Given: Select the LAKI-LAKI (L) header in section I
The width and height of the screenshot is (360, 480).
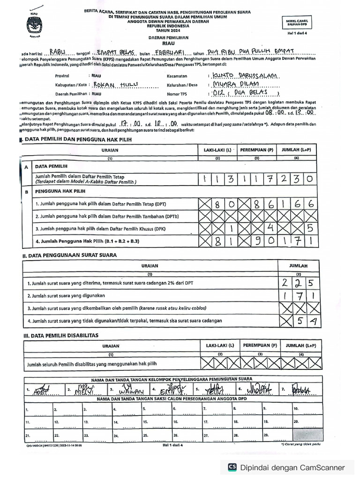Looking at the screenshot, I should pyautogui.click(x=217, y=150).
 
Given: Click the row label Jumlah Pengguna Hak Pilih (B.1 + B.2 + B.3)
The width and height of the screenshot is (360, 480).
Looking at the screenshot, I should pyautogui.click(x=89, y=241).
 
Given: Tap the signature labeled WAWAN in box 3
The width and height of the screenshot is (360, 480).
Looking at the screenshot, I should pyautogui.click(x=127, y=390).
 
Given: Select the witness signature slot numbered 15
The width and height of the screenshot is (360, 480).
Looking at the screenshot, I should pyautogui.click(x=156, y=422).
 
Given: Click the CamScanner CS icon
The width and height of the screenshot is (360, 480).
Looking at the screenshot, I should pyautogui.click(x=232, y=467).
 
